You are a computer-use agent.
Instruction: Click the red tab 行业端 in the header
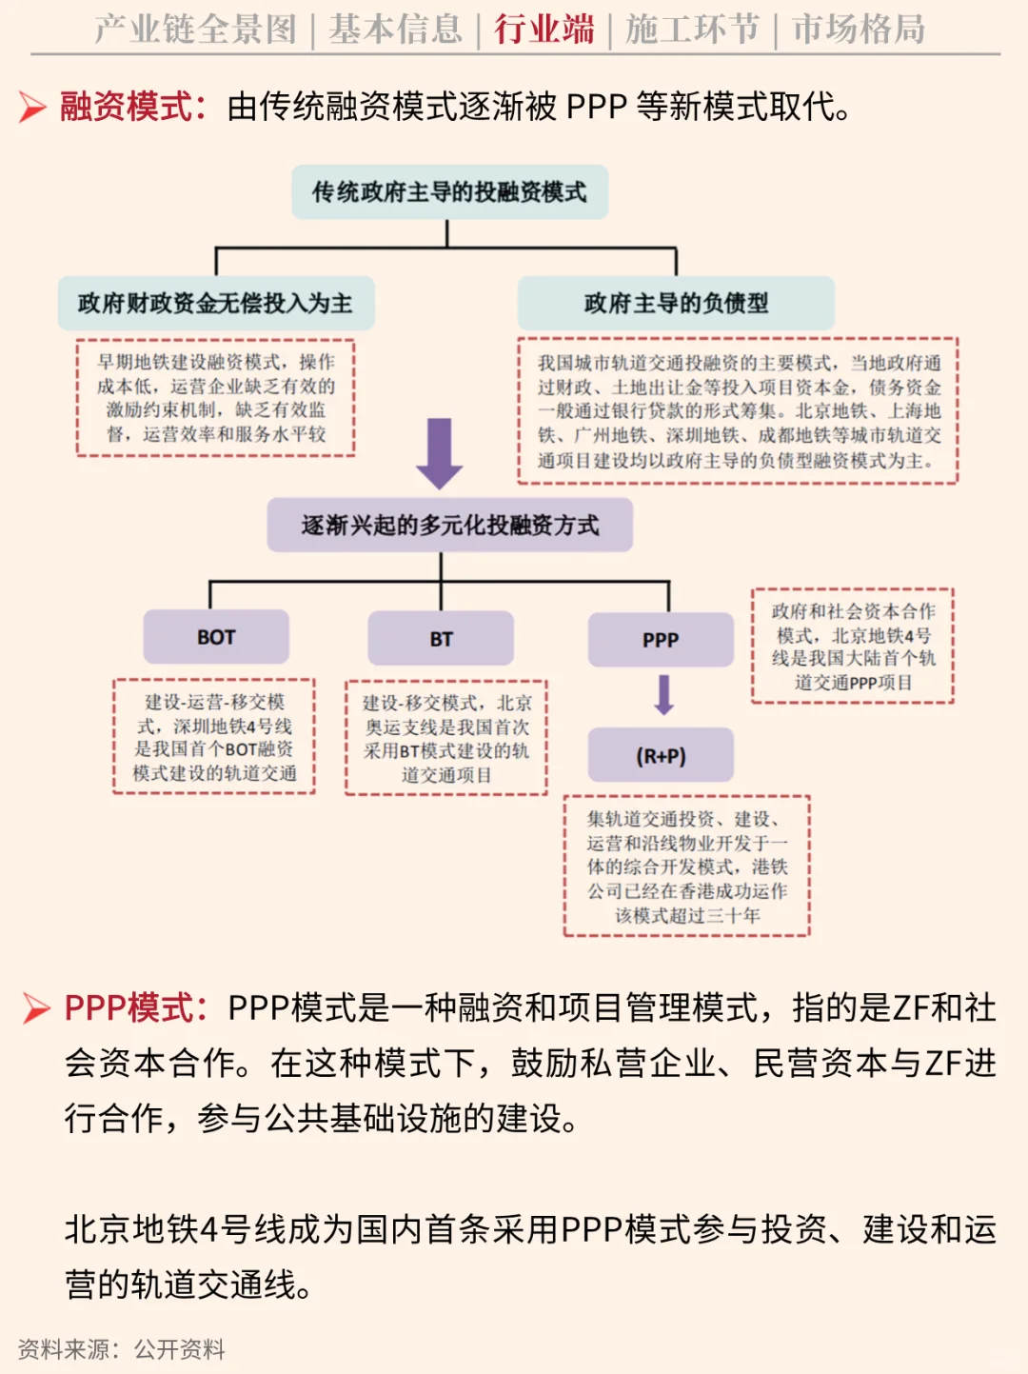(544, 29)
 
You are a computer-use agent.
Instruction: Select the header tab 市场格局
(859, 29)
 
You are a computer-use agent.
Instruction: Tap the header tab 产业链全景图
(195, 29)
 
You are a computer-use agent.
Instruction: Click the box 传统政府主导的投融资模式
(450, 192)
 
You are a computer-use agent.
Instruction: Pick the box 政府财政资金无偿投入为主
(216, 303)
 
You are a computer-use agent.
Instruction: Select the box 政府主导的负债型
(676, 303)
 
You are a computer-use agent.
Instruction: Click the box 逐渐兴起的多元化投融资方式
(450, 525)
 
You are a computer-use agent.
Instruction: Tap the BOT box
(216, 637)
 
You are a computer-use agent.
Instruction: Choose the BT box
(441, 638)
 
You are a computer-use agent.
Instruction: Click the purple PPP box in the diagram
(661, 639)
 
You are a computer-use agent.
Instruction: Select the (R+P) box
(661, 755)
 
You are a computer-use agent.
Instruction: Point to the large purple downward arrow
(439, 454)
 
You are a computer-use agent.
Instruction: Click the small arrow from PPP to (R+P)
(663, 695)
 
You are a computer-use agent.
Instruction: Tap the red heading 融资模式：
(133, 106)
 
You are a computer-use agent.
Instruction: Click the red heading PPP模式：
(136, 1008)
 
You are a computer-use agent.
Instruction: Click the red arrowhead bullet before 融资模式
(32, 107)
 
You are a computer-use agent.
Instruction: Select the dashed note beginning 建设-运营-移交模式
(214, 737)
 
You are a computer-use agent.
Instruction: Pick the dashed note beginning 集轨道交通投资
(687, 866)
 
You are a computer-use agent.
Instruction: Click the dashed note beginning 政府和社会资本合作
(853, 646)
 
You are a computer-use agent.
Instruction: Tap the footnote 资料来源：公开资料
(121, 1349)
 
